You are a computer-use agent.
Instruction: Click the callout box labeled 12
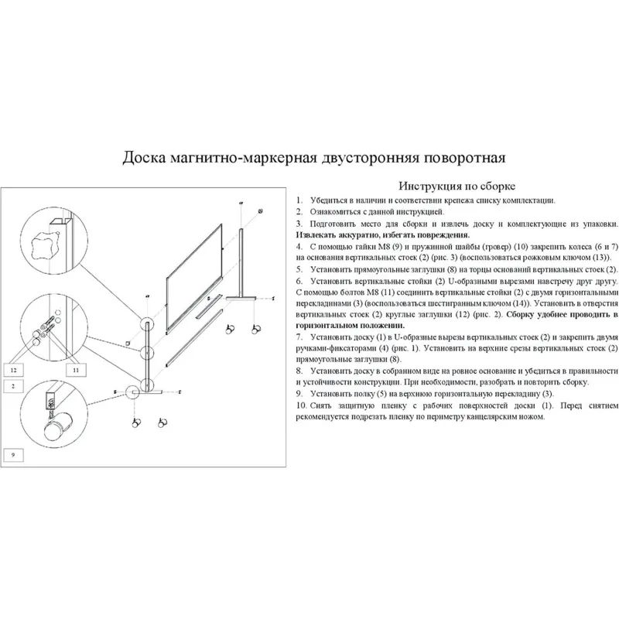pyautogui.click(x=15, y=370)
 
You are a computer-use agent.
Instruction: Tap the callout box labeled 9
pyautogui.click(x=14, y=455)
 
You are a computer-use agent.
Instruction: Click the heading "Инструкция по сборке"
pyautogui.click(x=456, y=186)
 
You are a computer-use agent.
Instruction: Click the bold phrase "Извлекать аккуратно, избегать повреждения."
pyautogui.click(x=383, y=234)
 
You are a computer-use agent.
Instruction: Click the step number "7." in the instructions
pyautogui.click(x=299, y=337)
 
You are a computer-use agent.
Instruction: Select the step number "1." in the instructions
pyautogui.click(x=299, y=200)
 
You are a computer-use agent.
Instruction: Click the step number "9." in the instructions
pyautogui.click(x=299, y=394)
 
